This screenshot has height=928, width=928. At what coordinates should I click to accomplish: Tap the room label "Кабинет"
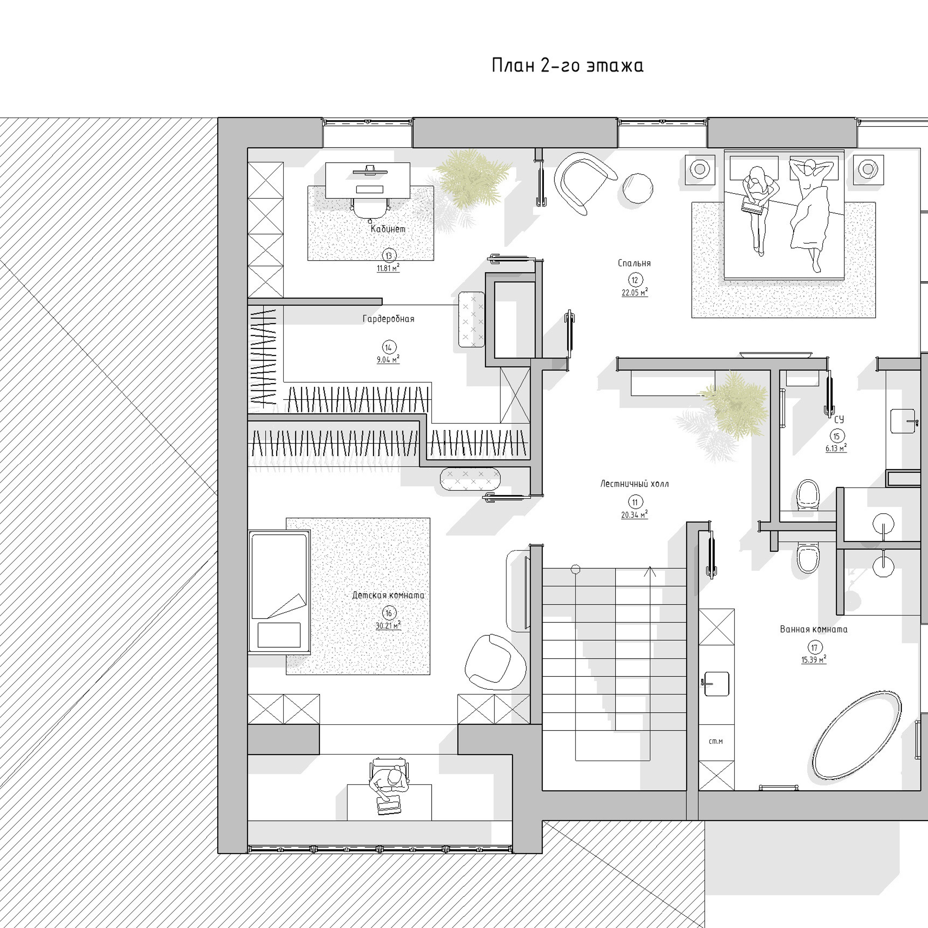tap(388, 229)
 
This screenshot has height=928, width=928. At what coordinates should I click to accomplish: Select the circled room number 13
tap(389, 256)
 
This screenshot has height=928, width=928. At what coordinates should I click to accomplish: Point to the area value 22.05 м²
tap(634, 292)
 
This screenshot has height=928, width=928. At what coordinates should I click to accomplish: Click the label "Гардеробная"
tap(388, 319)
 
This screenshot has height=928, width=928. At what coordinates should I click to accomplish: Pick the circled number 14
tap(389, 347)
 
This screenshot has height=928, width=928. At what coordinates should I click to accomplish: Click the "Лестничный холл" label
tap(634, 484)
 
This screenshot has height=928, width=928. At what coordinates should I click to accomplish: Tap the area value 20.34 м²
tap(634, 515)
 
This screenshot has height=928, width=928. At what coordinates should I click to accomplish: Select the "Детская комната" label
tap(388, 595)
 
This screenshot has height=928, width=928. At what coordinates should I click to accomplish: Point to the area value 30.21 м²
tap(388, 626)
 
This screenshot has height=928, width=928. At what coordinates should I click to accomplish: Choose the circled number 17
tap(814, 647)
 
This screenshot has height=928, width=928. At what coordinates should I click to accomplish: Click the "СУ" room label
tap(839, 419)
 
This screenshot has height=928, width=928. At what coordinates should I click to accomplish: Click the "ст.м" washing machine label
tap(716, 742)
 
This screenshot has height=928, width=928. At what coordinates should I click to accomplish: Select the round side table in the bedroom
tap(638, 188)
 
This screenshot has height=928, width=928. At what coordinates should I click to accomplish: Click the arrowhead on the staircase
tap(650, 571)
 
